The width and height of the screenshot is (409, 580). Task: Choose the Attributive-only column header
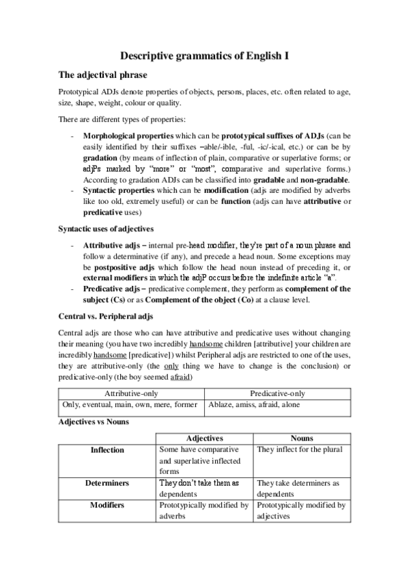pyautogui.click(x=131, y=393)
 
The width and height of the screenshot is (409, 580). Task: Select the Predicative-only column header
pyautogui.click(x=277, y=393)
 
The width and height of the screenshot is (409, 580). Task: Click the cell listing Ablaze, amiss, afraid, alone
pyautogui.click(x=253, y=405)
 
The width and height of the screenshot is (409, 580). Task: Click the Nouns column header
pyautogui.click(x=302, y=437)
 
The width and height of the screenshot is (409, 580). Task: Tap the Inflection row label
pyautogui.click(x=107, y=450)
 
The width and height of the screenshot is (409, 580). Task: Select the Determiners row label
pyautogui.click(x=107, y=483)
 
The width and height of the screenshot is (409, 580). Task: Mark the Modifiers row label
pyautogui.click(x=107, y=505)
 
